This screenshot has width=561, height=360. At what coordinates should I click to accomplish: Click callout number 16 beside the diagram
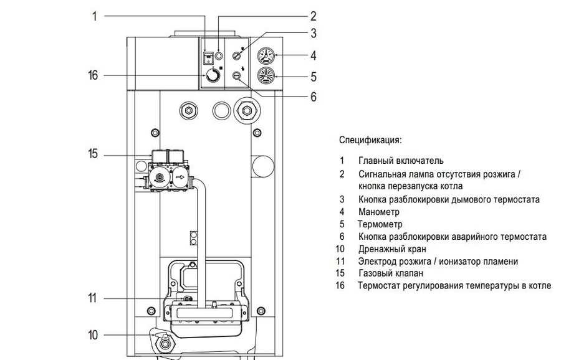(x=93, y=76)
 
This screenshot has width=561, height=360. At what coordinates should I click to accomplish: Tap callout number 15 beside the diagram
(x=93, y=153)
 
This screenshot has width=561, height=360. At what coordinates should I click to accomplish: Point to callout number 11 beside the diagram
(x=93, y=298)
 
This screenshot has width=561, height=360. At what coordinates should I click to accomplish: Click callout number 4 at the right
(x=314, y=55)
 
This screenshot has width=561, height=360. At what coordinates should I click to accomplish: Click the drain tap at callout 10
(x=165, y=343)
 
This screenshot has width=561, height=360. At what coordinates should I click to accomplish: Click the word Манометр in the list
(x=379, y=212)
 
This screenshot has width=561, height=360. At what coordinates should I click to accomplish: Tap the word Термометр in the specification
(x=380, y=224)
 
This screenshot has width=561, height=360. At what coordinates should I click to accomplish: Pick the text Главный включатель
(x=401, y=161)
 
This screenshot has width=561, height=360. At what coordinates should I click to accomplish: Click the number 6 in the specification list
(x=342, y=237)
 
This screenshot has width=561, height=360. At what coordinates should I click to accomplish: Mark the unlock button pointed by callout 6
(x=237, y=76)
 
